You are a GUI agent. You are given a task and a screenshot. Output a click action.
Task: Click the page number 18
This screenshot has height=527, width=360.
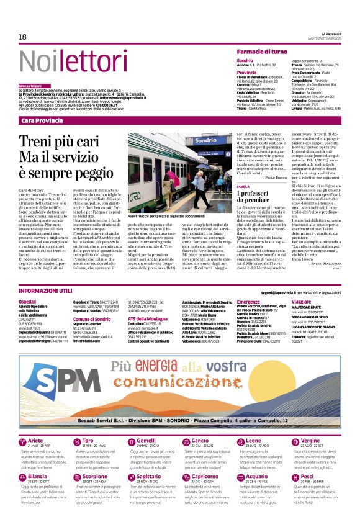point(22,37)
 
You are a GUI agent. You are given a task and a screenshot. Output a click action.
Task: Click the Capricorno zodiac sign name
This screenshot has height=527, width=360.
point(205,477)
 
